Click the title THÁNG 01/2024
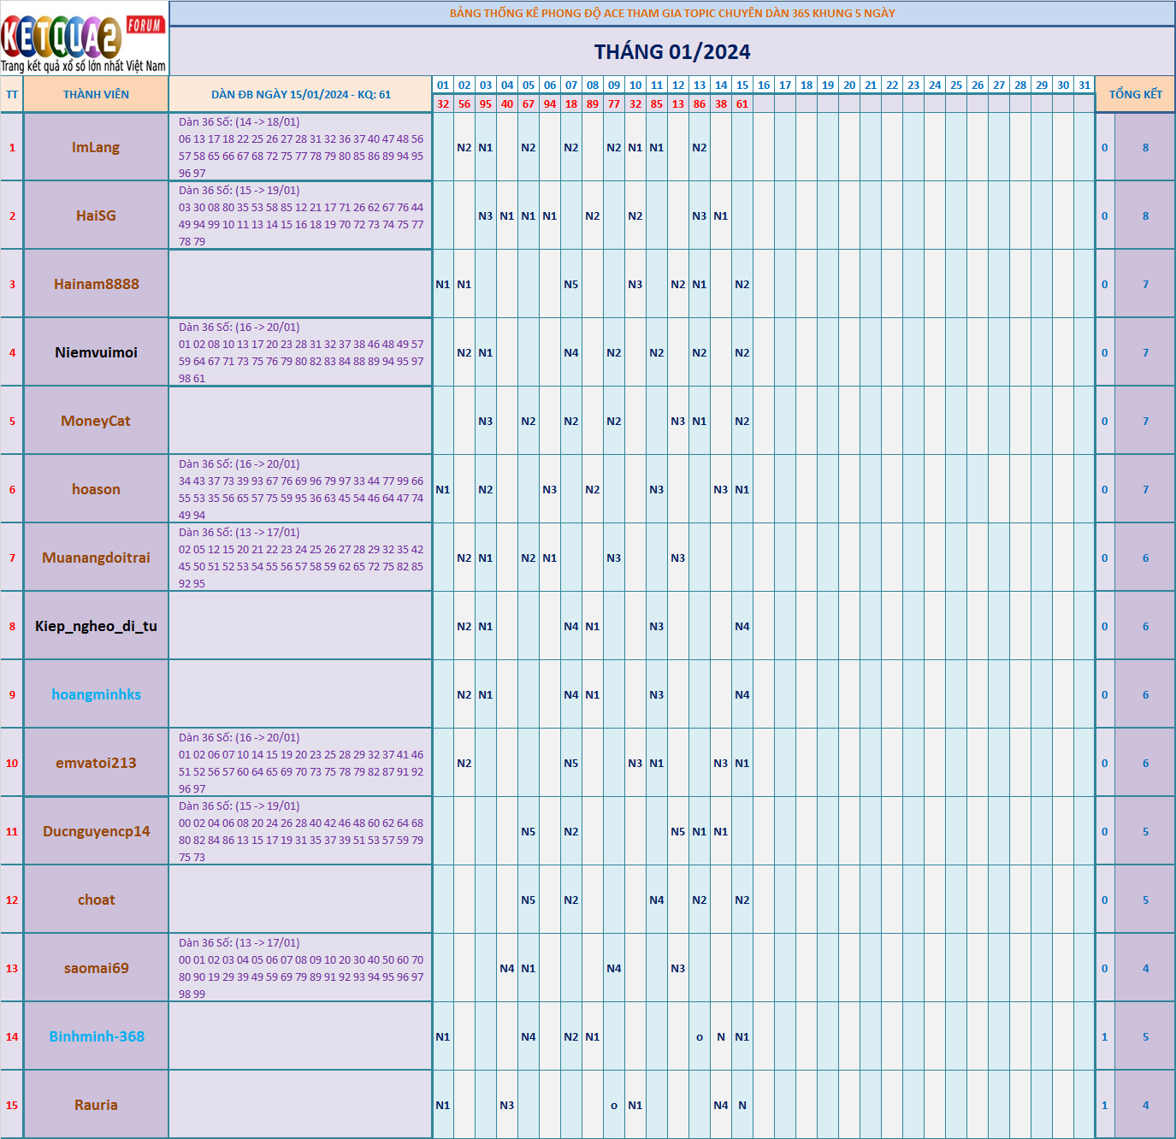click(x=672, y=52)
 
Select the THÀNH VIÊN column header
click(x=96, y=95)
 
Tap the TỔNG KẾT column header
click(x=1135, y=95)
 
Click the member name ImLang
click(x=96, y=147)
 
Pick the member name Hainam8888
click(x=96, y=284)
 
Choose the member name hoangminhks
click(x=96, y=694)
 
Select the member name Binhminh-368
click(x=96, y=1036)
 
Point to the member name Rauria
click(x=96, y=1105)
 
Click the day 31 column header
click(x=1084, y=86)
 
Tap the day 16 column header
click(x=764, y=86)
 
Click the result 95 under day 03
click(x=486, y=104)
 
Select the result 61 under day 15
click(x=742, y=104)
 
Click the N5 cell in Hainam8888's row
click(x=571, y=284)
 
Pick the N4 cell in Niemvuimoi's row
click(x=571, y=352)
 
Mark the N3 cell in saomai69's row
click(x=678, y=968)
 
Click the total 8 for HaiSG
click(x=1145, y=215)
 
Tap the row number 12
click(x=12, y=900)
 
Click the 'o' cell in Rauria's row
click(x=614, y=1106)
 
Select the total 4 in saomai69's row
click(x=1145, y=968)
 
